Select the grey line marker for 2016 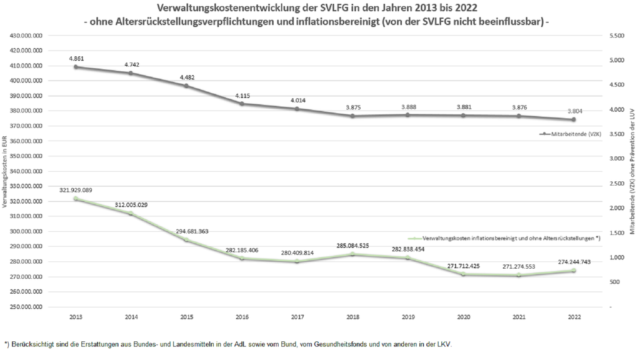[x=242, y=104]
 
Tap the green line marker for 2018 [x=352, y=254]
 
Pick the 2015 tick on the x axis [x=186, y=317]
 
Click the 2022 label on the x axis [x=574, y=317]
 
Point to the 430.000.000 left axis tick [x=26, y=36]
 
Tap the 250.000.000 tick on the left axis [x=26, y=307]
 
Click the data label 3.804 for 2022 [x=574, y=111]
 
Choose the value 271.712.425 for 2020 [x=463, y=266]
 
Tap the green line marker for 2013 [x=76, y=199]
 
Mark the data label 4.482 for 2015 [x=186, y=77]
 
